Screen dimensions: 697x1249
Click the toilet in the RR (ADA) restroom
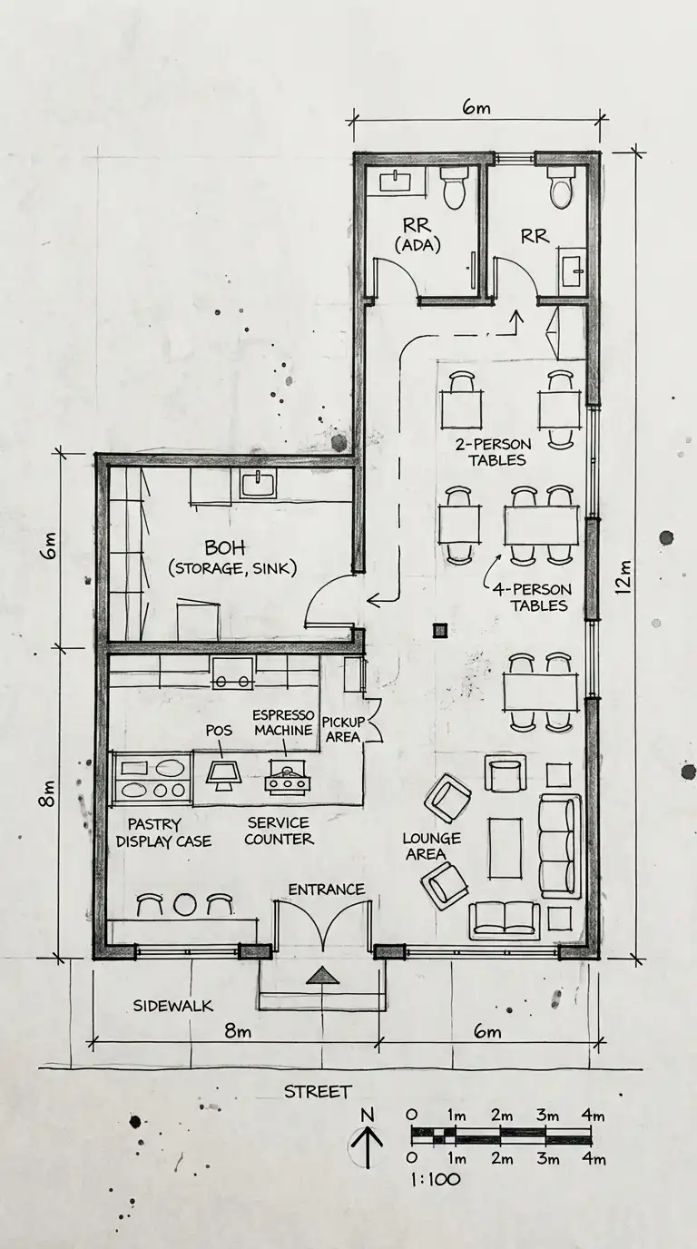point(454,187)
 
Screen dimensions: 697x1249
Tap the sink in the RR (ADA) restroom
point(396,182)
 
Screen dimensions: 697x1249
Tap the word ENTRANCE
point(326,890)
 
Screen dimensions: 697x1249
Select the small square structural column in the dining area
point(440,630)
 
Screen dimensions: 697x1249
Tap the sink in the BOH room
point(258,483)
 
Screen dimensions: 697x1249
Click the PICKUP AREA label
point(343,729)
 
